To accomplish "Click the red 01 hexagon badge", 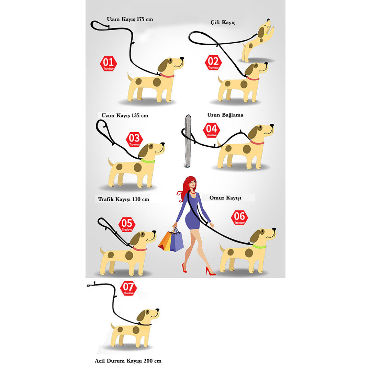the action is coord(108,64).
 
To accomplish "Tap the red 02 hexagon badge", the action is coord(213,63).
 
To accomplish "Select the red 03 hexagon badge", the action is coord(134,139).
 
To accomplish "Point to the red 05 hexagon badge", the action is coord(127,225).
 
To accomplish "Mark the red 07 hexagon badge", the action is coord(128,288).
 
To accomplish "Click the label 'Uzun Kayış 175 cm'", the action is coord(130,19).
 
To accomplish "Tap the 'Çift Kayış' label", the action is coord(223,22).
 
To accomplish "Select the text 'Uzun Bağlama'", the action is coord(225,115).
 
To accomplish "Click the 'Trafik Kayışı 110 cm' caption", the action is coord(124,199).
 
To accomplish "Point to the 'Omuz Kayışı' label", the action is coord(225,198).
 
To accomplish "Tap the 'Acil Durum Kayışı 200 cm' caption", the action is coord(128,361).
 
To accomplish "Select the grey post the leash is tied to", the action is coord(188,141).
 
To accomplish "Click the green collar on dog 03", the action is coord(148,161).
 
